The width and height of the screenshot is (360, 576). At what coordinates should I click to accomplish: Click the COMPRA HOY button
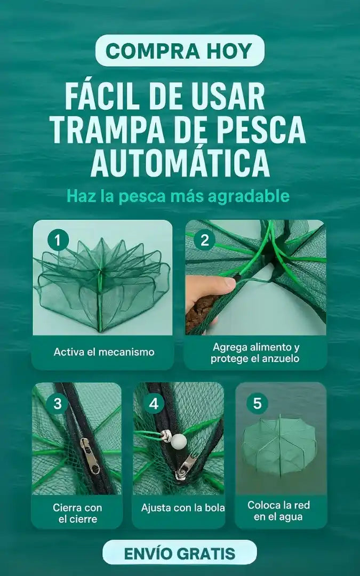point(180,50)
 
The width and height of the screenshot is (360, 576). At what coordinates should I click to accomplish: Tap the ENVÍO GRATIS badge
point(180,553)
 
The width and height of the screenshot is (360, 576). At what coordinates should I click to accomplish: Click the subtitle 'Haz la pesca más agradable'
point(178,196)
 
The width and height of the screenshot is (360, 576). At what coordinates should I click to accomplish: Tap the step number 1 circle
point(58,241)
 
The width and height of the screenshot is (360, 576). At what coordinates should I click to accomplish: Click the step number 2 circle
point(205,241)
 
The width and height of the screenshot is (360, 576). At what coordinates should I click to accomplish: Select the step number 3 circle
point(58,404)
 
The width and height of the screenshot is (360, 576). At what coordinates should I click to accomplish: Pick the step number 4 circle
point(154,404)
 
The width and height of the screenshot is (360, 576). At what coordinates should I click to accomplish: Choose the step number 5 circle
point(257,403)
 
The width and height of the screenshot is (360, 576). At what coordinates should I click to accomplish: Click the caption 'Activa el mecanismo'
point(104,352)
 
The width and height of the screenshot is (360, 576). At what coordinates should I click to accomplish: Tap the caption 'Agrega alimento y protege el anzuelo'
point(255,353)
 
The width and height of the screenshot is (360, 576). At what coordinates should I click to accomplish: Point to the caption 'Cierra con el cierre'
point(77,513)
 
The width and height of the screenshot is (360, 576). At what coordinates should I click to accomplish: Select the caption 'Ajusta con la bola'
point(183,508)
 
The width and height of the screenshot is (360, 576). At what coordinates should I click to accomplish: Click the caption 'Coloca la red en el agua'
point(279,510)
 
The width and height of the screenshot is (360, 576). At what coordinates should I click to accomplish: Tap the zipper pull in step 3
point(90,456)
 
